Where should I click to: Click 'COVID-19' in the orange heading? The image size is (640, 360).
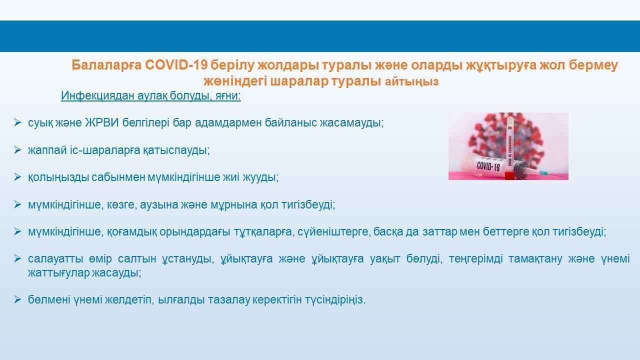click(176, 65)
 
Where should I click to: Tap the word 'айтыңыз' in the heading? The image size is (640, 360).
click(411, 81)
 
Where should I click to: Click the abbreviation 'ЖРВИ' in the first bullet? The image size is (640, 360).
click(102, 122)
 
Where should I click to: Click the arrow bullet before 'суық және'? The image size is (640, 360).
click(17, 122)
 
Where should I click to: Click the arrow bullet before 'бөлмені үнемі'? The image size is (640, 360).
click(17, 299)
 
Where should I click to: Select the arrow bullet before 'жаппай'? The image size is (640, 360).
click(17, 150)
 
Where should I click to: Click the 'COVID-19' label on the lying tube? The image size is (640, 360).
click(488, 165)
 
